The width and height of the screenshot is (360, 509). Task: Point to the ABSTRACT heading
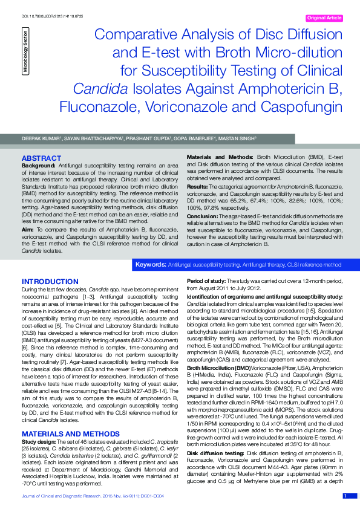(38, 158)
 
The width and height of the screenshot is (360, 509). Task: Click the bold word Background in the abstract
(39, 165)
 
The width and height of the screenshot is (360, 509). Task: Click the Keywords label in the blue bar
(151, 265)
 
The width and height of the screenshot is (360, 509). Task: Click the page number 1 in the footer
(344, 496)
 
